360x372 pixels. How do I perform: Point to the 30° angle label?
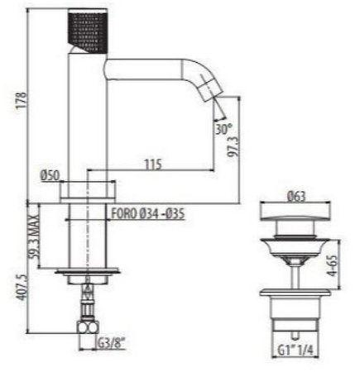[x=222, y=129]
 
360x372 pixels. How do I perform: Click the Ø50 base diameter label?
[x=50, y=175]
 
